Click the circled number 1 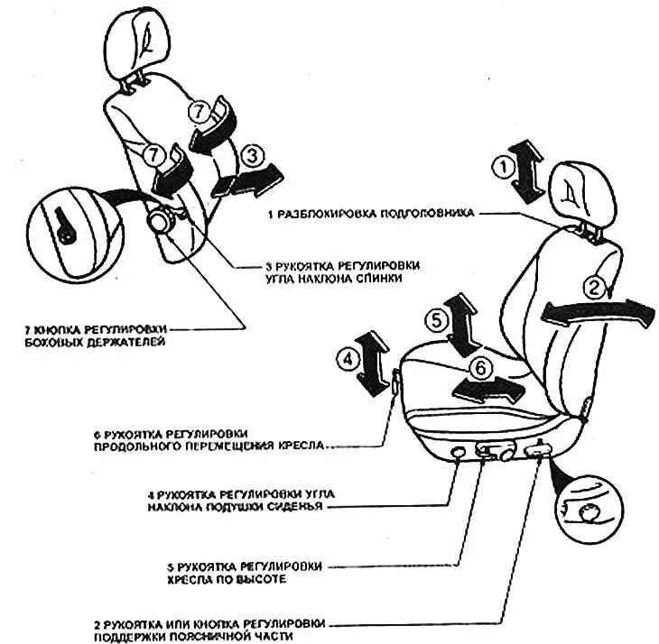(x=502, y=166)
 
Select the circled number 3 (x=253, y=155)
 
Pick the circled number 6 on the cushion (x=479, y=367)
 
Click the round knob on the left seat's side (x=165, y=222)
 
